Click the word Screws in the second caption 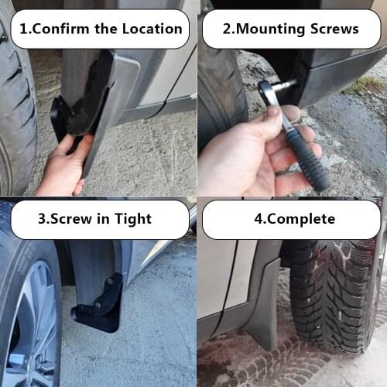[331, 29]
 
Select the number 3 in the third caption [42, 219]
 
